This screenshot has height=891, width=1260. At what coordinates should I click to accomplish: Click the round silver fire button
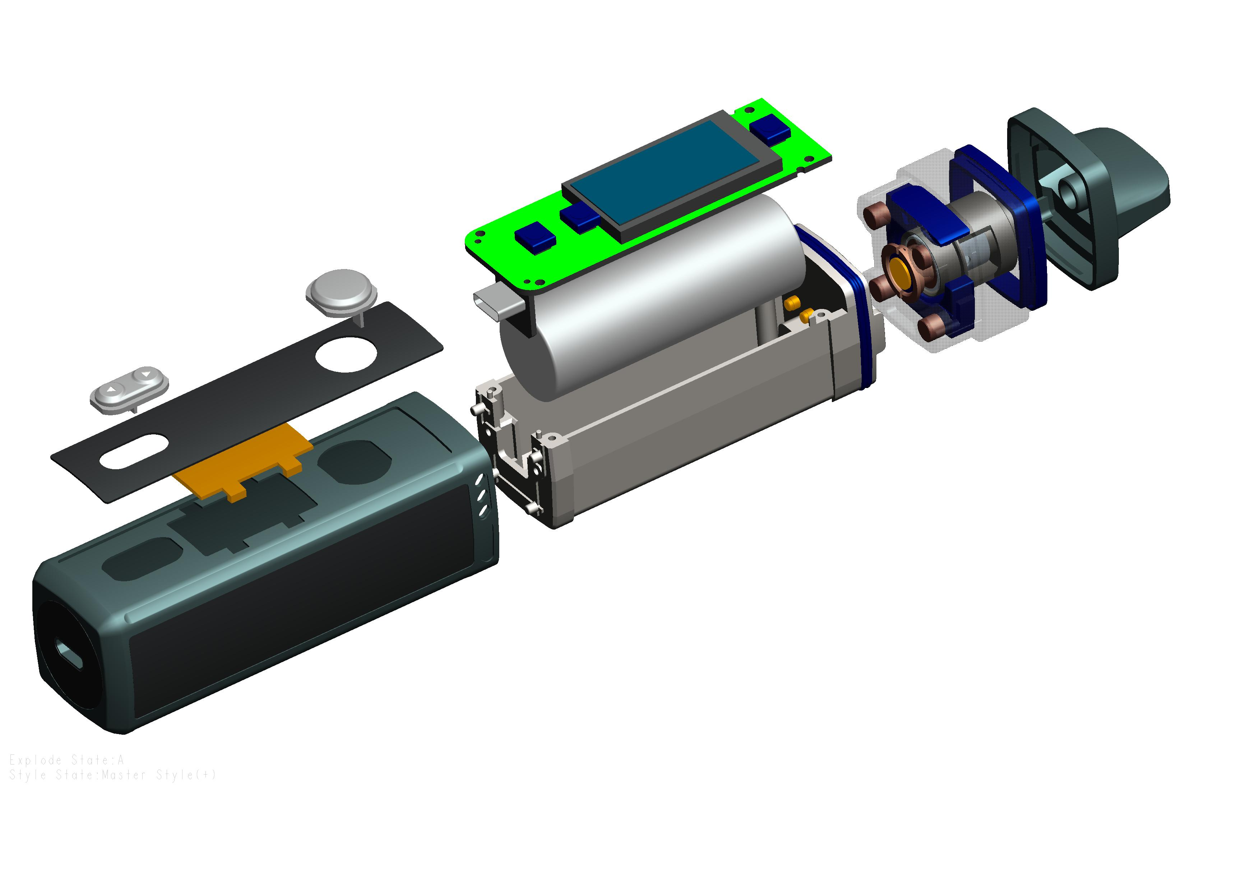(341, 292)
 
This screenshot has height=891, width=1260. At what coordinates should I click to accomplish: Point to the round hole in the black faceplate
(346, 355)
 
